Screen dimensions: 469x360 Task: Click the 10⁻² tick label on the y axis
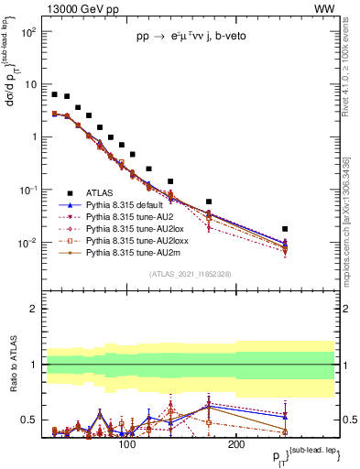pos(28,243)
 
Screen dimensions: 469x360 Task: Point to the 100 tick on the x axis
pos(127,444)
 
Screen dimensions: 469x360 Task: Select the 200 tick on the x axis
pos(235,444)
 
